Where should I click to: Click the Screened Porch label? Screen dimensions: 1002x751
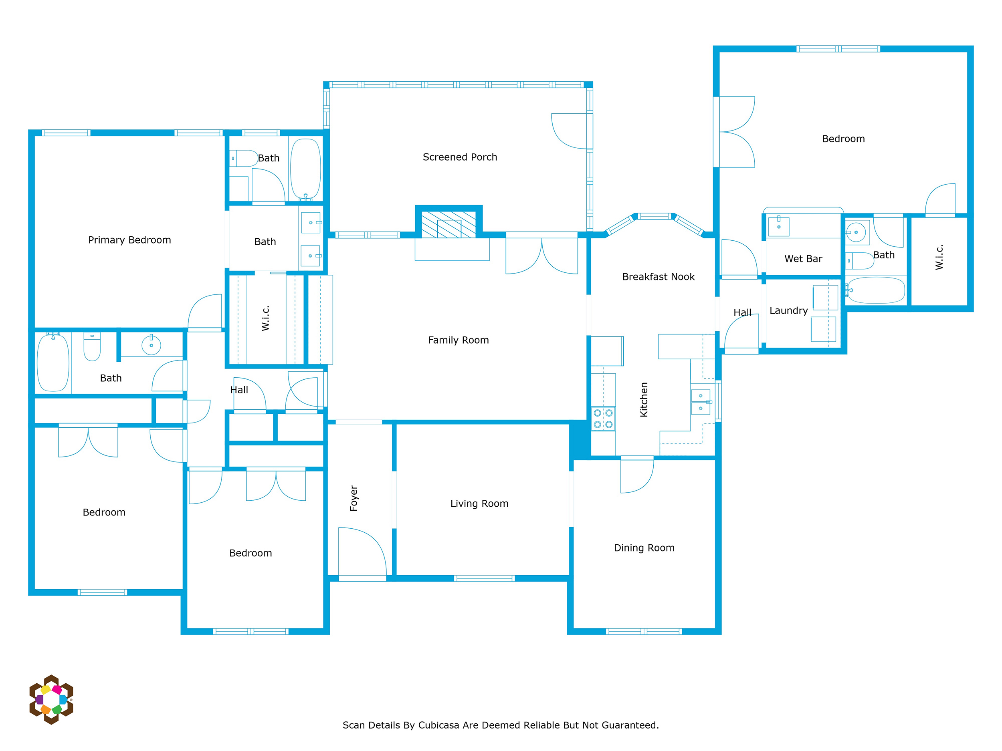460,157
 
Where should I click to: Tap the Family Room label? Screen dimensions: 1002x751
459,340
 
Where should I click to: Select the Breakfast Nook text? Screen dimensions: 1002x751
658,277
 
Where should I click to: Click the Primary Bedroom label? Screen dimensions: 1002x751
129,240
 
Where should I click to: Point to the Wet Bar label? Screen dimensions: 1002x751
803,258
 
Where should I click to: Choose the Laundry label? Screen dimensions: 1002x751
789,310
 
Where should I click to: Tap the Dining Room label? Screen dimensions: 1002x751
644,548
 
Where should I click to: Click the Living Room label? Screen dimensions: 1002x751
479,504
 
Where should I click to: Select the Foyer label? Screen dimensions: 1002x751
354,498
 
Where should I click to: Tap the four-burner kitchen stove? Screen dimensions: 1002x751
603,419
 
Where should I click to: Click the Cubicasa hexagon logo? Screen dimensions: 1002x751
51,699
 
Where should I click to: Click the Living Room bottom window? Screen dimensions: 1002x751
484,578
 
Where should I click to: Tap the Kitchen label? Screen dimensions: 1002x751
644,400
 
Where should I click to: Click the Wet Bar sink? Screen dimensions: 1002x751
779,227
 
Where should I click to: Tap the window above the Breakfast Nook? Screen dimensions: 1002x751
654,216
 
